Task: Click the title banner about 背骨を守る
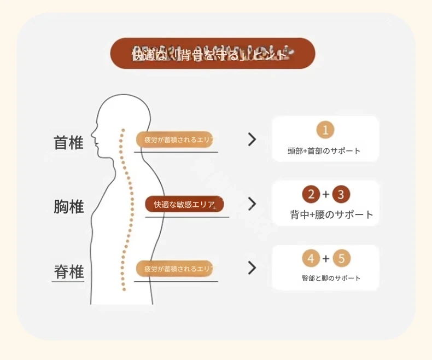(x=213, y=54)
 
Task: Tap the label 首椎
(x=68, y=143)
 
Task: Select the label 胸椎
(x=68, y=207)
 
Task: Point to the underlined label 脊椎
(x=68, y=271)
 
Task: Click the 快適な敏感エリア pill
(x=184, y=204)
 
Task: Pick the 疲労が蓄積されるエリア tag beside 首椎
(x=175, y=140)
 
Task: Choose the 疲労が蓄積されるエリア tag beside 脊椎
(x=175, y=269)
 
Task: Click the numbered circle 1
(x=325, y=130)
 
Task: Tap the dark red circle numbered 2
(x=311, y=194)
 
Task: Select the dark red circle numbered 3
(x=341, y=194)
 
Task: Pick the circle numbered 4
(x=311, y=258)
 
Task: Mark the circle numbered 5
(x=341, y=258)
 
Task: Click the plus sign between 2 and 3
(x=326, y=194)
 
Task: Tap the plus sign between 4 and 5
(x=326, y=258)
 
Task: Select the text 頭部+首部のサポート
(x=324, y=151)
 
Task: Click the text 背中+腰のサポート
(x=331, y=214)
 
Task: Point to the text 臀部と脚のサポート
(x=331, y=278)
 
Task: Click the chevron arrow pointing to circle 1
(x=252, y=140)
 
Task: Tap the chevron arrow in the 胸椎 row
(x=252, y=204)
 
